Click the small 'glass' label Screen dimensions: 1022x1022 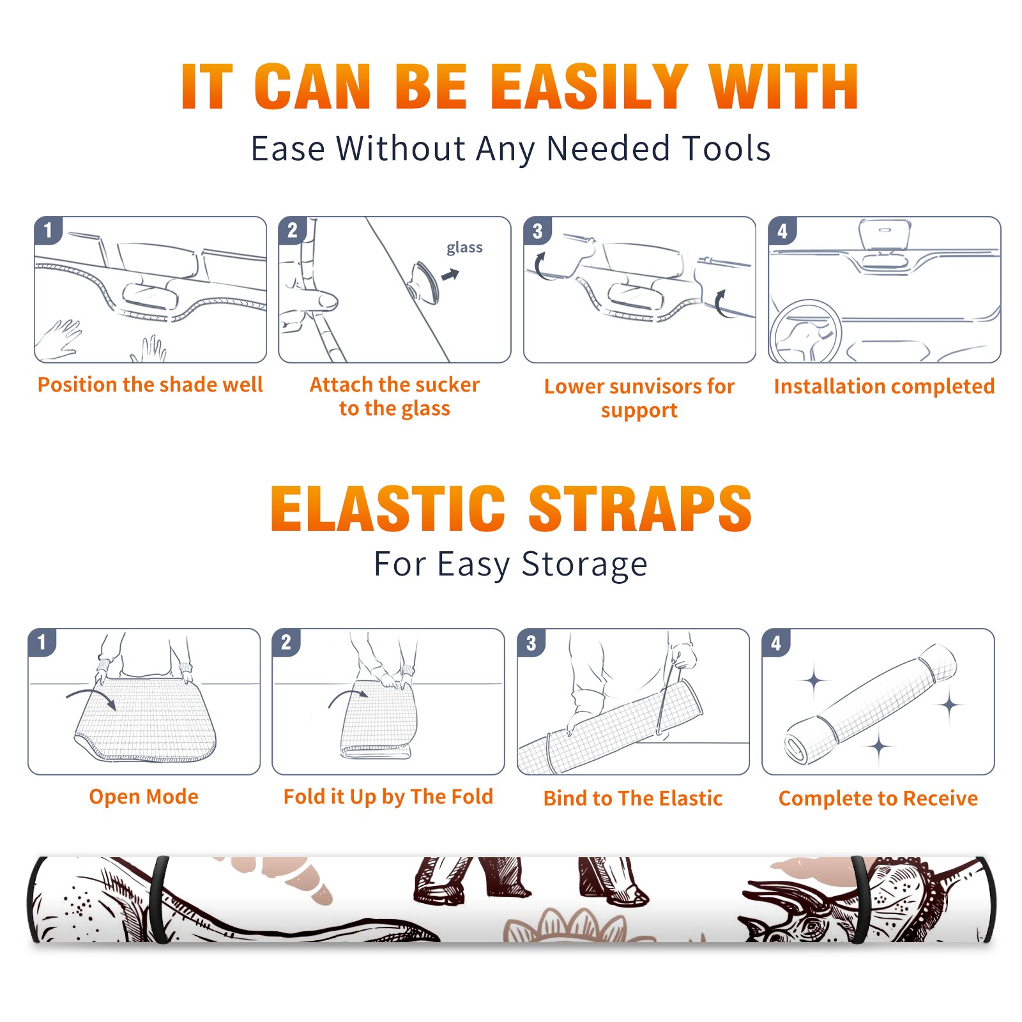pos(464,248)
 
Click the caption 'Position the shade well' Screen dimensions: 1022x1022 pos(150,385)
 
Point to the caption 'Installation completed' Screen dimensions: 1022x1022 pos(884,386)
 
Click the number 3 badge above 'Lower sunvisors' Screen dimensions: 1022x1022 pos(538,231)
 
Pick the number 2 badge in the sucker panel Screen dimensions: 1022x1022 pos(293,230)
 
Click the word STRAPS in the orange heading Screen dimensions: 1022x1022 pos(640,508)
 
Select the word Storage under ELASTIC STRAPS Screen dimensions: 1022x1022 pos(584,565)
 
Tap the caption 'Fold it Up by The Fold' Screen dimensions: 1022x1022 pos(388,797)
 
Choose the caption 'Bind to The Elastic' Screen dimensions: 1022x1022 pos(633,798)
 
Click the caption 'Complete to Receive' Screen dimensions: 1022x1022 pos(878,798)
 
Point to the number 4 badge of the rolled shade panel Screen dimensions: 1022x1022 pos(776,643)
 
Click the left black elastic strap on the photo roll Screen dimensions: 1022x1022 pos(159,899)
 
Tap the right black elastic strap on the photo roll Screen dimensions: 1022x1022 pos(860,899)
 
